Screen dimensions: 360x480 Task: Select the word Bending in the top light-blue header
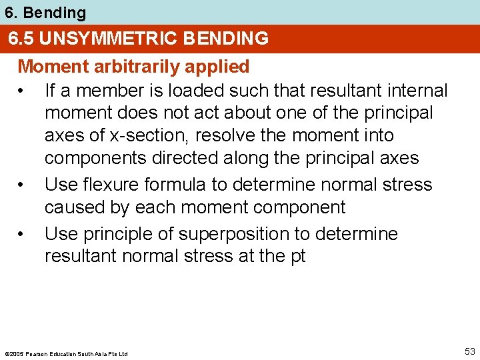point(55,12)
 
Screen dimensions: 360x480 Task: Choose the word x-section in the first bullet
point(151,135)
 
